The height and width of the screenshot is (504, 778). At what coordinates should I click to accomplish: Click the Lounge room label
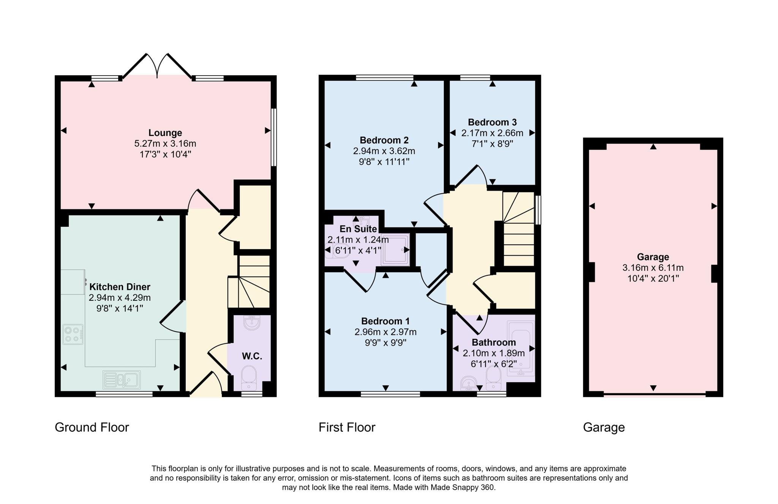click(x=165, y=133)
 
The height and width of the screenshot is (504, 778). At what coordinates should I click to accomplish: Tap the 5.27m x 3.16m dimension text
click(x=165, y=144)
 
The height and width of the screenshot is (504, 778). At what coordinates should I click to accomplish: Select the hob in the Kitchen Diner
click(x=73, y=334)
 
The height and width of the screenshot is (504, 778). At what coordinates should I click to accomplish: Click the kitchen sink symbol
click(x=122, y=379)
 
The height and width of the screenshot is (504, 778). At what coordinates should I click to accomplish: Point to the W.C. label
click(x=252, y=356)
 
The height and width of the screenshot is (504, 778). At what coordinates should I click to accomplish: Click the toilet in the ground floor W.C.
click(x=249, y=377)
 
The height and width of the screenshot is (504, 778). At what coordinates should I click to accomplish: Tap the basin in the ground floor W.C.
click(x=252, y=323)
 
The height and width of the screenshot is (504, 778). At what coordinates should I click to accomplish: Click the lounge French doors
click(x=157, y=66)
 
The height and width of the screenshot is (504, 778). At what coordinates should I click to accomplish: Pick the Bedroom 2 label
click(x=384, y=140)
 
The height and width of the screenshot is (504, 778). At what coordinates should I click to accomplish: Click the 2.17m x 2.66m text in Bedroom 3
click(x=492, y=133)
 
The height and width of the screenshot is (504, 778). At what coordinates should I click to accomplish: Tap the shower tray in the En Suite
click(x=395, y=249)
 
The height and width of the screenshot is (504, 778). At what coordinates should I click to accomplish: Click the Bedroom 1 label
click(x=385, y=321)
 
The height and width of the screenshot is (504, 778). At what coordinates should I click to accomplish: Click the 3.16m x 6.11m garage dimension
click(x=653, y=268)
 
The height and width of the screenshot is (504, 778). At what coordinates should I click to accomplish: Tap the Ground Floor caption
click(x=92, y=427)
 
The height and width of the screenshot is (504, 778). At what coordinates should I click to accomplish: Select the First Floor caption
click(x=346, y=427)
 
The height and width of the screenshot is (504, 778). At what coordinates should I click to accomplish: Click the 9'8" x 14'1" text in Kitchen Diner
click(x=120, y=308)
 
